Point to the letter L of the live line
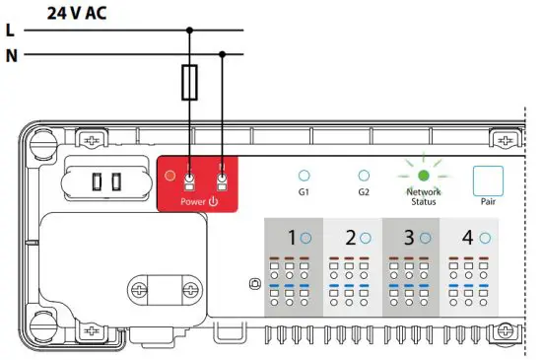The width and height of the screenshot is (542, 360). (10, 31)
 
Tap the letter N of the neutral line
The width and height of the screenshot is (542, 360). (10, 54)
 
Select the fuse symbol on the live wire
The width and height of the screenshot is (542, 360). (191, 83)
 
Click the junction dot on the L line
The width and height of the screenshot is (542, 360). (191, 31)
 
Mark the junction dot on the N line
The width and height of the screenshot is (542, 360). (223, 54)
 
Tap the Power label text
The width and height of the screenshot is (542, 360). (198, 201)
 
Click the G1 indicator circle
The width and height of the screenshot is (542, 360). (304, 175)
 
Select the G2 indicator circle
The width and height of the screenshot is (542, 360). (364, 175)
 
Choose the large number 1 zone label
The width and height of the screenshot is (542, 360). (292, 238)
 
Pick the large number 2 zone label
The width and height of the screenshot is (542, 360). (351, 238)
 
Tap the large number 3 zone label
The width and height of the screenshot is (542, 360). (408, 238)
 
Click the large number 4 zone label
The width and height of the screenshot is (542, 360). (467, 238)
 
